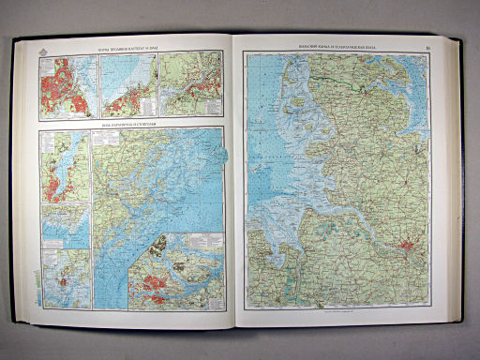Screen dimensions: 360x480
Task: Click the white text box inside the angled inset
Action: point(155,251)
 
